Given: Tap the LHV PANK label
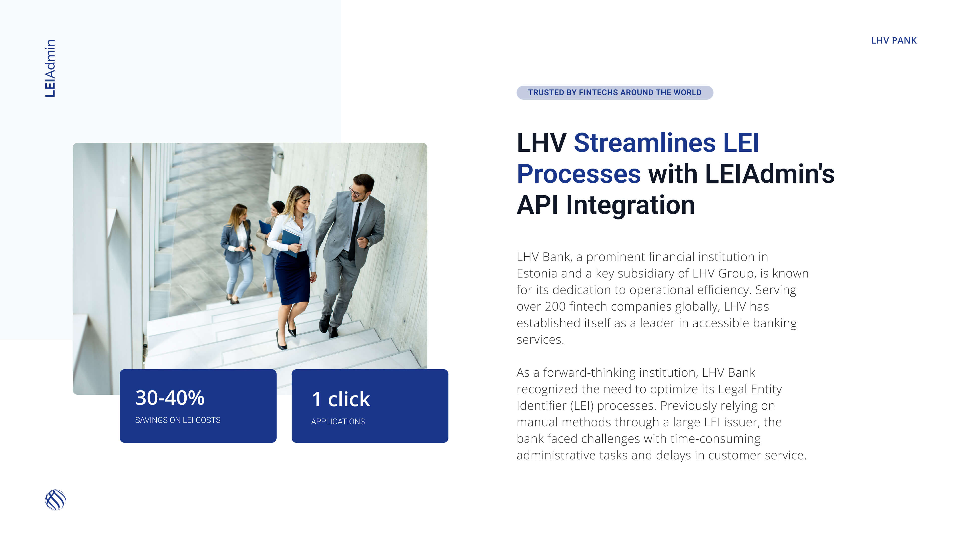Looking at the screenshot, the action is point(894,40).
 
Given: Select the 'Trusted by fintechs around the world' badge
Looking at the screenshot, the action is point(615,93).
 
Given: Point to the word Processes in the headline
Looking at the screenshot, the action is point(578,174).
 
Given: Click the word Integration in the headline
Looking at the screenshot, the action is point(630,205).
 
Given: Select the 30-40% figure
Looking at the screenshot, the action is point(170,398).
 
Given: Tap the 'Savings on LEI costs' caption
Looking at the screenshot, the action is point(178,420).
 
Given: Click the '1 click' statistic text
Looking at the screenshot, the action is point(341,399).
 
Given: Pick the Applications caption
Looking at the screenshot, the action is point(338,422).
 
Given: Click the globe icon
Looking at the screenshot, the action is point(55,500).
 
